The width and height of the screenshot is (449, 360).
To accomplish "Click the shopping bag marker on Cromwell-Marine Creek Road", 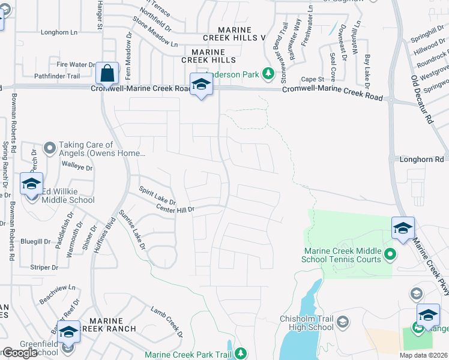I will coord(107,74).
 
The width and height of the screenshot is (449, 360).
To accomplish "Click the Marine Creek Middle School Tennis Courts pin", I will coord(390,254).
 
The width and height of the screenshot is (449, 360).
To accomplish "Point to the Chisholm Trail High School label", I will coord(307,323).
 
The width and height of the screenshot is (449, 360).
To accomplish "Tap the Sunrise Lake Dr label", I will coord(132,230).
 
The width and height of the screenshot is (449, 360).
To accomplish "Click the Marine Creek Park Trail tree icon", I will coord(241,354).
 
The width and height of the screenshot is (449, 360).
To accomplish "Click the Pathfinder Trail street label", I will coord(57,76).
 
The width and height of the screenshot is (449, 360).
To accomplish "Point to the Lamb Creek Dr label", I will coord(165,321).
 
